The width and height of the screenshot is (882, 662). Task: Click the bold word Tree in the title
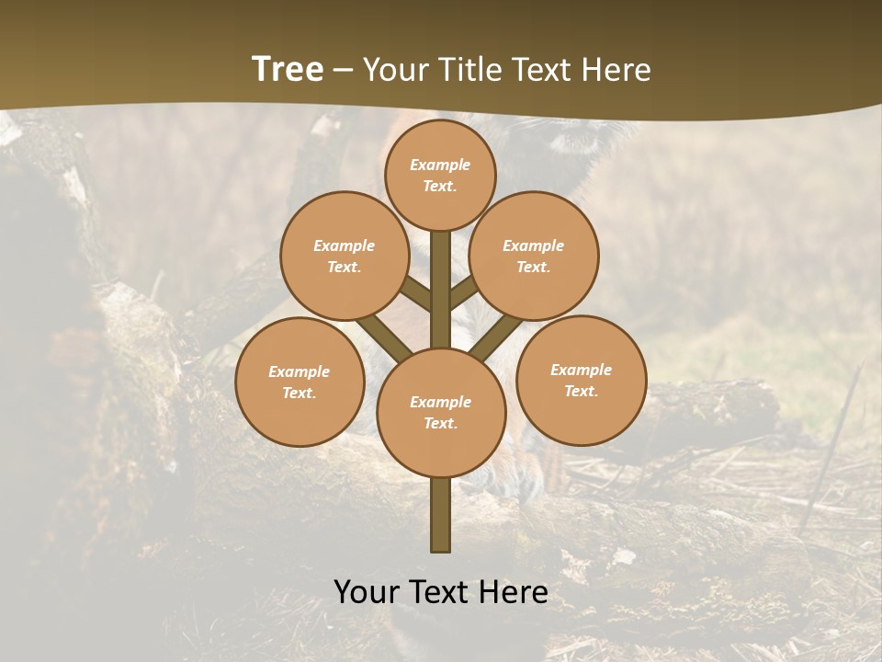[x=288, y=70]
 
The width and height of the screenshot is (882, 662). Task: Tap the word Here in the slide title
[x=616, y=70]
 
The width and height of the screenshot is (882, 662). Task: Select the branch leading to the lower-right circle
[x=496, y=337]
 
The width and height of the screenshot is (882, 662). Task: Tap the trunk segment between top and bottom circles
[x=441, y=290]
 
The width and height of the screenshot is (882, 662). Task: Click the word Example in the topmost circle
[x=440, y=165]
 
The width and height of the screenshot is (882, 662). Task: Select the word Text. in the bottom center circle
[x=440, y=424]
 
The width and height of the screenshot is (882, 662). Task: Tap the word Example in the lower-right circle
[x=581, y=370]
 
